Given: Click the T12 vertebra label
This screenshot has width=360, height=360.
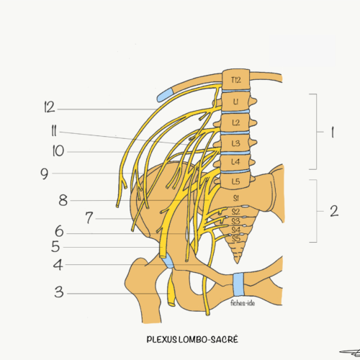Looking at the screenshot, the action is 236,80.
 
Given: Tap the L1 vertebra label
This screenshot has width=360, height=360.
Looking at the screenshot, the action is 236,102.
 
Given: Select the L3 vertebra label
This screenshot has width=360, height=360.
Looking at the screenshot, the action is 235,143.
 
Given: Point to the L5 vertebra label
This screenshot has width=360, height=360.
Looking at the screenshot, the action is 235,181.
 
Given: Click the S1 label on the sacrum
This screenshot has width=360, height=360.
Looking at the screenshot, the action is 236,198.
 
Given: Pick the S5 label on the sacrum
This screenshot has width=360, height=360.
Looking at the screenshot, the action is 236,238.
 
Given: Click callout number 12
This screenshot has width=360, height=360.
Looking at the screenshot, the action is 50,107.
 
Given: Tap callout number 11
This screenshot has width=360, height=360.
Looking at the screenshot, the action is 54,131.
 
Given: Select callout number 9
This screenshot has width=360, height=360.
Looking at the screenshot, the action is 45,174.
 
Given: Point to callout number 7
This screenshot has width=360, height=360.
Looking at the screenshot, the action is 89,217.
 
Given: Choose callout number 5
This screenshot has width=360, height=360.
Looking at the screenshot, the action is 55,246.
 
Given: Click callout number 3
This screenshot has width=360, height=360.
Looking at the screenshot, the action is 59,292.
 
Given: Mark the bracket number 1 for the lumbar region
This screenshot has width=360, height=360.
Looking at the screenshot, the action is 333,132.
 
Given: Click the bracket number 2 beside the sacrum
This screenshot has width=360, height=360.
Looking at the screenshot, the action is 334,211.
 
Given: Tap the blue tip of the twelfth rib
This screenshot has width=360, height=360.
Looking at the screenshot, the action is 164,94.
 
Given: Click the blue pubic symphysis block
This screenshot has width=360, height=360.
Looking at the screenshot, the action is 238,284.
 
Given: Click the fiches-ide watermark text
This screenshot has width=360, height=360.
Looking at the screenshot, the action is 243,303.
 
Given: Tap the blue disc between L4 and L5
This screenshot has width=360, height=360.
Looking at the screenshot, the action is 235,171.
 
